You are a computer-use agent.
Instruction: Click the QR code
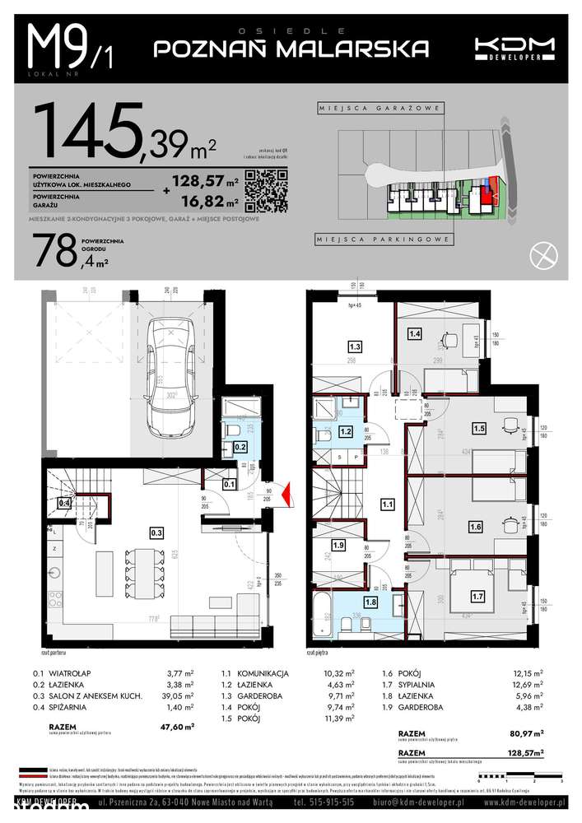pos(268,191)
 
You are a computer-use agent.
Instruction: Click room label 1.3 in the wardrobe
pos(355,346)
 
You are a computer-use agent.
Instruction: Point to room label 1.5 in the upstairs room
pos(479,427)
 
